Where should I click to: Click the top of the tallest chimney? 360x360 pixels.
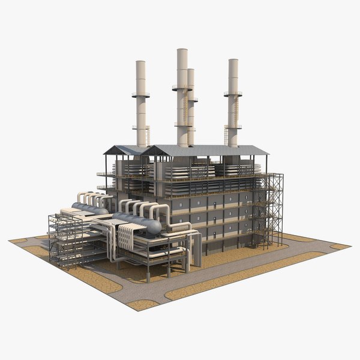coord(182,50)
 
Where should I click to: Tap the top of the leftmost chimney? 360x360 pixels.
coord(140,62)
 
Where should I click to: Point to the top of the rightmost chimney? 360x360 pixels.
coord(233,61)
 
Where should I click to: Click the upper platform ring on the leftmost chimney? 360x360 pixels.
coord(141,95)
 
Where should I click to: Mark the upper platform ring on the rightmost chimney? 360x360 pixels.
coord(233,94)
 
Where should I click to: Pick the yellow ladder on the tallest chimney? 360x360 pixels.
coord(185,108)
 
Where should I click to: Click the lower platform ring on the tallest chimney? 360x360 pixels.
coord(182,125)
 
